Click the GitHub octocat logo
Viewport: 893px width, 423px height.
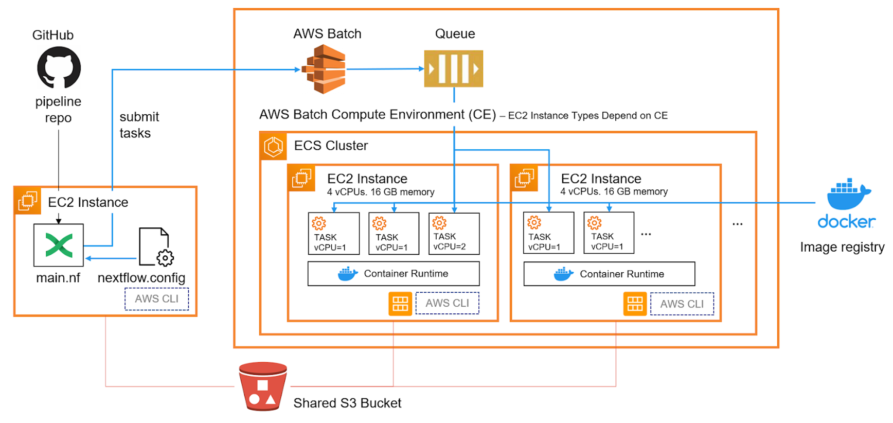[59, 67]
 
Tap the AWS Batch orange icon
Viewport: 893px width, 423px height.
[325, 69]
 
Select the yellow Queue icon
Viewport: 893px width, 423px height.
[453, 68]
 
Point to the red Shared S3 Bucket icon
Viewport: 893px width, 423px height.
[263, 386]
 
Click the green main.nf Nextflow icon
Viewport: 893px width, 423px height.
[59, 245]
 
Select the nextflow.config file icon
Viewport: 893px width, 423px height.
[156, 246]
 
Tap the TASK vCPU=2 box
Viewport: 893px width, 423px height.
[454, 234]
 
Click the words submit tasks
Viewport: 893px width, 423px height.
[139, 125]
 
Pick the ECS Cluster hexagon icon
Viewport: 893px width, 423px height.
[273, 147]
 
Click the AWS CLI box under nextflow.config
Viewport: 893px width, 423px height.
[157, 299]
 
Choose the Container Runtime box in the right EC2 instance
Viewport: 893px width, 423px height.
[609, 274]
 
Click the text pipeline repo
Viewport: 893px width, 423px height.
[58, 110]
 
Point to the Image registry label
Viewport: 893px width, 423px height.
[842, 248]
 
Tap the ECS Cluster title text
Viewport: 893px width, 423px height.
[331, 146]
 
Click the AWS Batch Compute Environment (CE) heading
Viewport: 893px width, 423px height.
[378, 115]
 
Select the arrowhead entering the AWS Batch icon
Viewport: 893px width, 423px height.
[297, 69]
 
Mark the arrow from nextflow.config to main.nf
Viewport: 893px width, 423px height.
[111, 258]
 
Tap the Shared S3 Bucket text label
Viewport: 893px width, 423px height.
[347, 403]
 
